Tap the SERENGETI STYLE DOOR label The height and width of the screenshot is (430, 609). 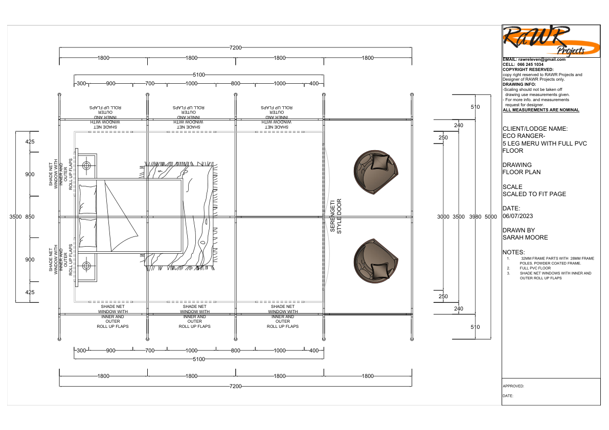[x=335, y=217]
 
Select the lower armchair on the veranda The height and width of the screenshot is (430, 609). [x=376, y=261]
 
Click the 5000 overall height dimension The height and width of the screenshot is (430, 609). [x=491, y=217]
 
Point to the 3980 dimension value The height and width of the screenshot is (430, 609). [x=475, y=217]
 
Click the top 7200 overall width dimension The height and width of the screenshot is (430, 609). [x=235, y=47]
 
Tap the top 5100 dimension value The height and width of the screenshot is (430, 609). [x=198, y=75]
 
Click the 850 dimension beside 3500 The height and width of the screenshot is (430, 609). [x=30, y=217]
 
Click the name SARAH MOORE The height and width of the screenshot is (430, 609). [x=525, y=237]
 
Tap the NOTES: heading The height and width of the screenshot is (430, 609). [x=514, y=252]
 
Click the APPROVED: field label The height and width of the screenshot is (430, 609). [x=513, y=387]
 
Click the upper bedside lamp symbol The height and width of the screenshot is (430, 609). [x=86, y=165]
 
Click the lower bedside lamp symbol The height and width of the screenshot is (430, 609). [x=86, y=265]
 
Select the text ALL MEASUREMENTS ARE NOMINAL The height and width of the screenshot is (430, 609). [x=541, y=110]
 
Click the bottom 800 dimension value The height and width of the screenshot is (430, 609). [x=235, y=351]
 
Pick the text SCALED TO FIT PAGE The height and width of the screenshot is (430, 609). [x=534, y=194]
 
